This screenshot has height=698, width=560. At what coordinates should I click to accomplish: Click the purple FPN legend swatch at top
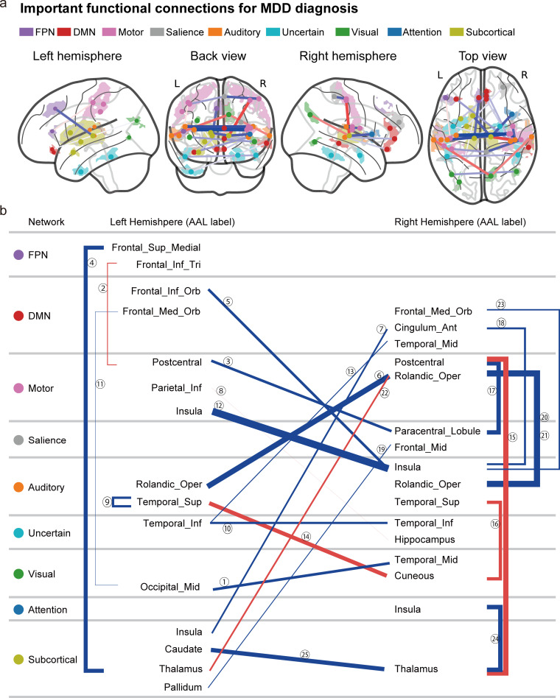tap(27, 32)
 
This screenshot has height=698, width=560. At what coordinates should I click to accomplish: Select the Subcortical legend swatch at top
tap(457, 32)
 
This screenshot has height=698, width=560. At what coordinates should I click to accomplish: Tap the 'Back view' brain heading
tap(218, 56)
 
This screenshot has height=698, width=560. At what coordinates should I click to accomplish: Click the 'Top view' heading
tap(483, 56)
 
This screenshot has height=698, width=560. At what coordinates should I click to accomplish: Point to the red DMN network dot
tap(18, 316)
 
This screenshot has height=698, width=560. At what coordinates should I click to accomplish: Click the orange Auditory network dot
tap(18, 487)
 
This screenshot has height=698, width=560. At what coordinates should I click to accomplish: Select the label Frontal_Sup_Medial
tap(156, 247)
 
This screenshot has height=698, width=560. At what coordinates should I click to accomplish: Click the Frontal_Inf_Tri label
tap(169, 265)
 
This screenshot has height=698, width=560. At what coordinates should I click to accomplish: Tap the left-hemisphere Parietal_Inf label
tap(176, 388)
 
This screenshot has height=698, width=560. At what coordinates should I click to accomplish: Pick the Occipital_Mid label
tap(169, 587)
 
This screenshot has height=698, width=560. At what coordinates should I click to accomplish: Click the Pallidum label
tap(183, 687)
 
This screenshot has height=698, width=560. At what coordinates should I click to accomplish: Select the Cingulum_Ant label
tap(425, 328)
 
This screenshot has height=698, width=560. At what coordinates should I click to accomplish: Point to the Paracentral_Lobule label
tap(438, 431)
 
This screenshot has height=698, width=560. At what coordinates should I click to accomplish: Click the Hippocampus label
tap(424, 540)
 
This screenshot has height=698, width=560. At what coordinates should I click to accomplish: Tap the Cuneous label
tap(414, 576)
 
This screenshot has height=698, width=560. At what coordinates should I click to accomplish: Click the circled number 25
tap(305, 655)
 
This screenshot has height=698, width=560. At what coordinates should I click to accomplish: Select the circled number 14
tap(306, 537)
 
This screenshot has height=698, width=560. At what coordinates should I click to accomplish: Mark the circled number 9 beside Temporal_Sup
tap(107, 502)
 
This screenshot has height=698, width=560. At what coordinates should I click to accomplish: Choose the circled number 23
tap(501, 305)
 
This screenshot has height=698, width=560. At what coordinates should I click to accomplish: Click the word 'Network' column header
tap(46, 222)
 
